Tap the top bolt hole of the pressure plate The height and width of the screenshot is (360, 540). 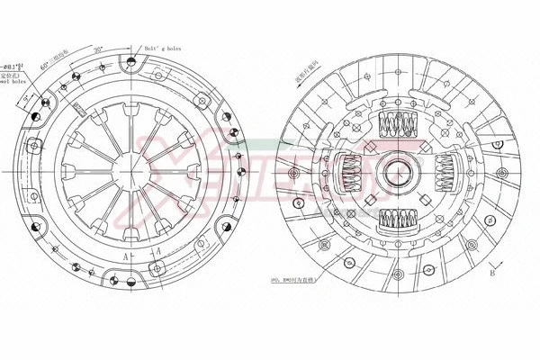point(131,59)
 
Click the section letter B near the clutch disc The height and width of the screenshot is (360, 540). point(491,271)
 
